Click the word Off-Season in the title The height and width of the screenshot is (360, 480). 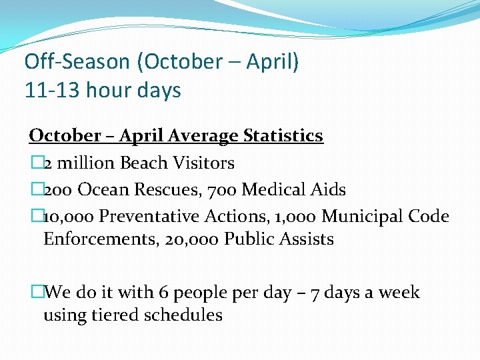tap(77, 62)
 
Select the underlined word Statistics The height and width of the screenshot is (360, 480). tap(283, 135)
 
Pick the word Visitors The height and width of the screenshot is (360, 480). tap(203, 163)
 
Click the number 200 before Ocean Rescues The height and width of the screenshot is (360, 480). tap(58, 189)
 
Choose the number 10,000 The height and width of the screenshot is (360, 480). tap(69, 217)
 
